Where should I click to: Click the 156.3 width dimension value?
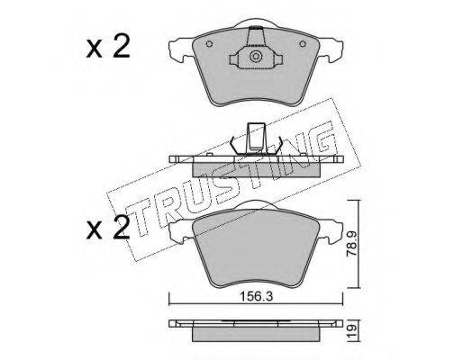(256, 297)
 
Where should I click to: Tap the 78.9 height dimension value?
(351, 245)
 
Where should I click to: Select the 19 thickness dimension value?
(352, 330)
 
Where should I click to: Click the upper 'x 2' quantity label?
(108, 46)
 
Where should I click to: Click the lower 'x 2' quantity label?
(108, 228)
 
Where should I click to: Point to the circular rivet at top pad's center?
(256, 57)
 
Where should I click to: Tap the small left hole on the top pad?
(209, 44)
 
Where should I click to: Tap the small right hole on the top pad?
(303, 44)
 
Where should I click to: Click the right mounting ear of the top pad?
(331, 49)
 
